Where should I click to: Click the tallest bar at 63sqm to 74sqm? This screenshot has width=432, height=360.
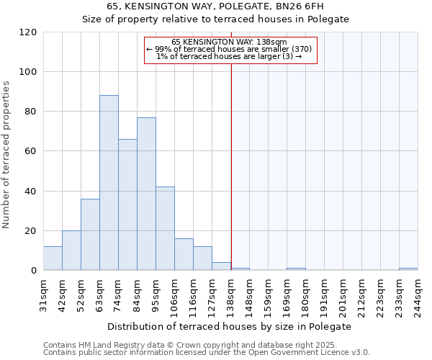109,183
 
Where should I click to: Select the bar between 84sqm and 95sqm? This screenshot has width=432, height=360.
146,194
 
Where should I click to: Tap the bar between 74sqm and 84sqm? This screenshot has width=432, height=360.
127,204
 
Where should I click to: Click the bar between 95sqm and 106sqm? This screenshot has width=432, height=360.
165,228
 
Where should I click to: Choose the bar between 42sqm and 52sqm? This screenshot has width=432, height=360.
71,251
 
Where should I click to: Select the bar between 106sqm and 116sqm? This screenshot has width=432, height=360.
184,254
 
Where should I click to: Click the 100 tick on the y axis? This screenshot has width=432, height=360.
28,72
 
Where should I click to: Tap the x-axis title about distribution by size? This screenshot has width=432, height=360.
230,326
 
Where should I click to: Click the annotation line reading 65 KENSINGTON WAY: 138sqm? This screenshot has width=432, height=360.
230,42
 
